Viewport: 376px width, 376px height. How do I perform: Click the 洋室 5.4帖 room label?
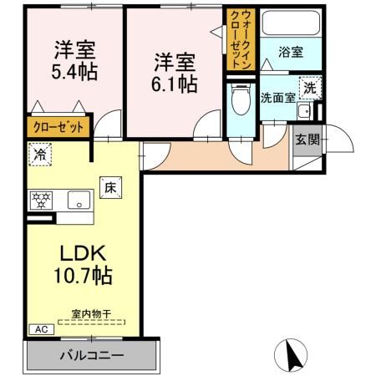coord(73,60)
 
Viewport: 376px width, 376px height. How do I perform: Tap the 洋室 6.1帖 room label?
coord(174,74)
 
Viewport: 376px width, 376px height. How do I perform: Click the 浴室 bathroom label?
coord(291,52)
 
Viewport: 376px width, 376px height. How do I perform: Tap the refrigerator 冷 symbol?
coord(38,153)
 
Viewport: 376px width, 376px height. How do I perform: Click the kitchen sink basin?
coord(79,200)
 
